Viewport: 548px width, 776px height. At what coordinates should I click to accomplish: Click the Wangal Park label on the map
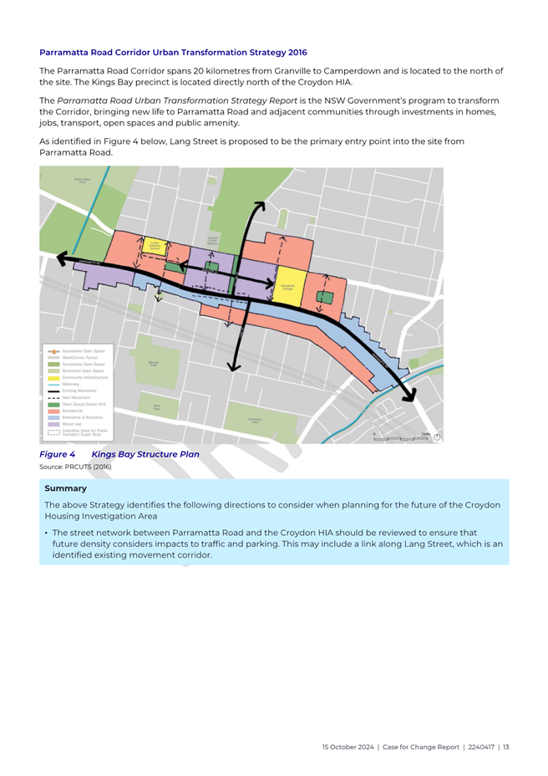pyautogui.click(x=153, y=364)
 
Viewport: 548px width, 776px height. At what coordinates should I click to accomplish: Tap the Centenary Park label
pyautogui.click(x=256, y=420)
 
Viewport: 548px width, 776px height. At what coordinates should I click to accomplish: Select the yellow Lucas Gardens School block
pyautogui.click(x=154, y=246)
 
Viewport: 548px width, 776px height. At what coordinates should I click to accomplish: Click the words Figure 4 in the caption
pyautogui.click(x=58, y=455)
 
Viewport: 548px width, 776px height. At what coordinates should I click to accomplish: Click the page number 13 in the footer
pyautogui.click(x=505, y=747)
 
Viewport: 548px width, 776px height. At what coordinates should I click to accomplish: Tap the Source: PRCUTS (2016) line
pyautogui.click(x=75, y=467)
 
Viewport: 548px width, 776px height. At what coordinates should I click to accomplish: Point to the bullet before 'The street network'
pyautogui.click(x=46, y=532)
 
